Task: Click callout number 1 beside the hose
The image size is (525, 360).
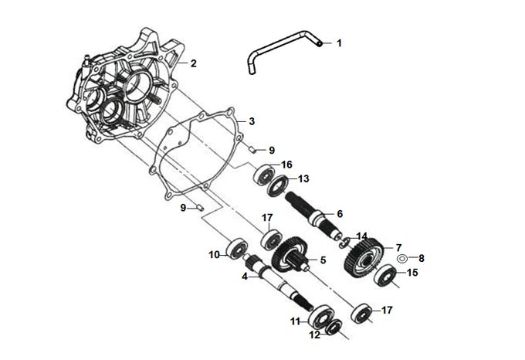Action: coord(338,44)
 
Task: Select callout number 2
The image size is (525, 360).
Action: coord(194,63)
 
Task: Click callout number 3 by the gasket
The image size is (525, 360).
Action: coord(252,122)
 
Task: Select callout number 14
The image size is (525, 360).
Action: coord(362,236)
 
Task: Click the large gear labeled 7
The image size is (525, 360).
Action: coord(364,260)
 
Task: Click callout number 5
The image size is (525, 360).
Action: coord(323,260)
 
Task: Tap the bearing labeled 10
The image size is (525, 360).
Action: coord(234,248)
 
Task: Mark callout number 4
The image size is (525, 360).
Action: coord(245,276)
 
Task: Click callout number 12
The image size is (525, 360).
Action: coord(315,335)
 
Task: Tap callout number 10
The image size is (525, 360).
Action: coord(213,254)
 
